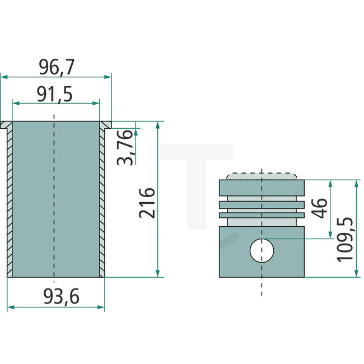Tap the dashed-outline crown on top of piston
coord(262,175)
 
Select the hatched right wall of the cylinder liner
coord(102,202)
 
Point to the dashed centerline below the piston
coord(262,286)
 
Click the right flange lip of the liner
coord(106,124)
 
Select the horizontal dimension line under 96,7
coord(56,77)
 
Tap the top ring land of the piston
coord(262,187)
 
